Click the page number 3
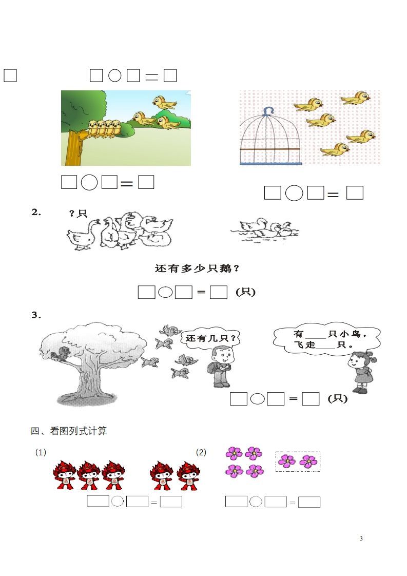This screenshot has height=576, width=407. [x=361, y=539]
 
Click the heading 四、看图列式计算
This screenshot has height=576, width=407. [x=69, y=431]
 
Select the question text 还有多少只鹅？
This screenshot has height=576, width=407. [x=198, y=268]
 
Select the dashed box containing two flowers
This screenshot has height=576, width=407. [x=298, y=461]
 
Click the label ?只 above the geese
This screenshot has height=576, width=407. [x=79, y=213]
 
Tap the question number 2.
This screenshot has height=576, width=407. [x=36, y=212]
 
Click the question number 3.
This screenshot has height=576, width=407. [x=36, y=315]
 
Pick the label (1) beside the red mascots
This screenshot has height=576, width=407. [x=41, y=452]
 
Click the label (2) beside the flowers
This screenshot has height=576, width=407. [x=201, y=452]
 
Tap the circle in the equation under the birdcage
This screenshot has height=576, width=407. [x=294, y=194]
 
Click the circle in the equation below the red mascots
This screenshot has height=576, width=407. [x=117, y=502]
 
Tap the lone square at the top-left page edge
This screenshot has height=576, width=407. [x=10, y=75]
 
